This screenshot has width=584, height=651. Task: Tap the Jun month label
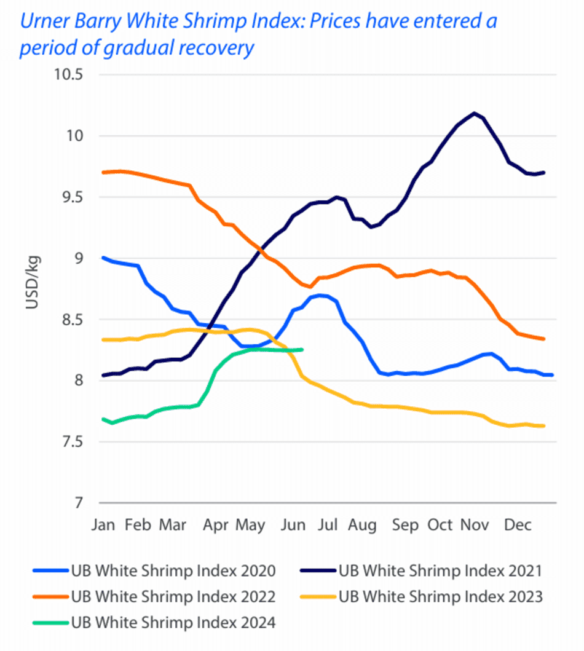coord(293,525)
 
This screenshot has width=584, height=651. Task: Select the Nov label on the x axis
coord(475,525)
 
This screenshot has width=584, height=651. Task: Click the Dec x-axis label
coord(518,525)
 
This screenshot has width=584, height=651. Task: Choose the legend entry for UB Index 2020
coord(154,570)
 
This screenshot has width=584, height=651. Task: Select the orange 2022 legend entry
coord(154,596)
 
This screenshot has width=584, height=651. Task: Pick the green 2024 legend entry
coord(154,622)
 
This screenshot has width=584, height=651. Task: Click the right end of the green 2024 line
coord(302,350)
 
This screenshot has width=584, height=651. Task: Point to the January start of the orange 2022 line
coord(103,172)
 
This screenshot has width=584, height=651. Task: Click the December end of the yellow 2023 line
coord(544,426)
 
